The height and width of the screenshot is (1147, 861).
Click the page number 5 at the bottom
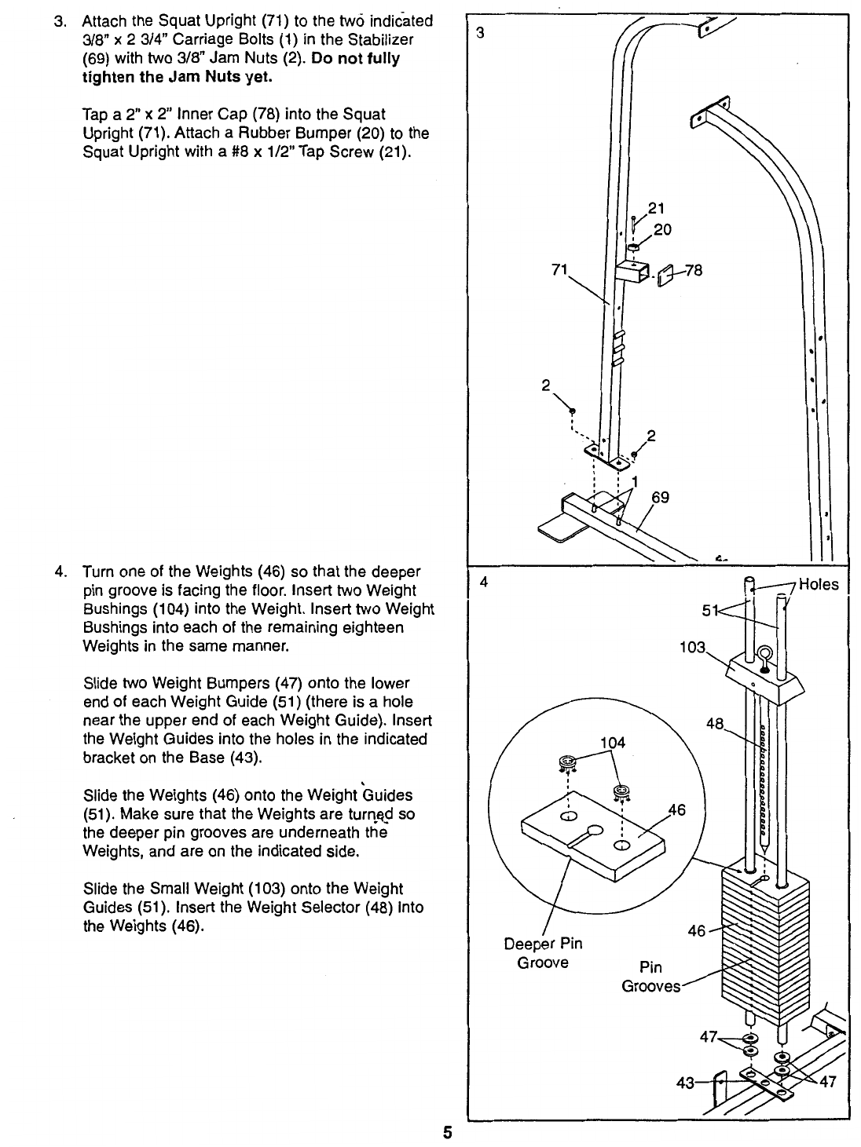tap(447, 1132)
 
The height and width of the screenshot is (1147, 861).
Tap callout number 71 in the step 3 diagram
tap(559, 271)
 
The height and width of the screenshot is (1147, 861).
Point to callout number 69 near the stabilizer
tap(660, 498)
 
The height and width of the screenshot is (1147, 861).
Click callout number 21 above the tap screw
tap(657, 209)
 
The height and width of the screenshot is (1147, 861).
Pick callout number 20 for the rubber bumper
tap(662, 229)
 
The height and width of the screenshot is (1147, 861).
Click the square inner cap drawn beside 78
tap(667, 276)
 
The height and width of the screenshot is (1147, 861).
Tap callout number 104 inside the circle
tap(612, 742)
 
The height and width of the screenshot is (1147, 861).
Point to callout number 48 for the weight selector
tap(715, 725)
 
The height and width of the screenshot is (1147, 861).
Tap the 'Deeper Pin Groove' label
tap(543, 952)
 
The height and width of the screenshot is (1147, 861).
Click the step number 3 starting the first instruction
tap(58, 21)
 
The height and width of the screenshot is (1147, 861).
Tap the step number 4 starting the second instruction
tap(58, 571)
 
